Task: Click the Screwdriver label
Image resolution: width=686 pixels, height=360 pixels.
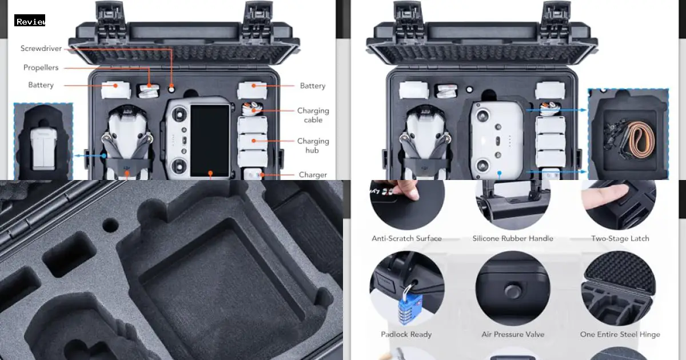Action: [41, 49]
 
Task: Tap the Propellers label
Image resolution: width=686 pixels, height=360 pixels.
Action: [41, 67]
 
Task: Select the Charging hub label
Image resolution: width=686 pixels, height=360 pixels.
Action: [313, 146]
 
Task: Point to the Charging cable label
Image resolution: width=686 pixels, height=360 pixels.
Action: [313, 115]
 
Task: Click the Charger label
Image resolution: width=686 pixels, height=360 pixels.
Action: [313, 175]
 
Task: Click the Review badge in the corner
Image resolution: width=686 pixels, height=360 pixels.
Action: [30, 21]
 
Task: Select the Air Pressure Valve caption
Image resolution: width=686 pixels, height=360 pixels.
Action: [513, 334]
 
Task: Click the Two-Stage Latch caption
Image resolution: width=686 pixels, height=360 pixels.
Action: [620, 238]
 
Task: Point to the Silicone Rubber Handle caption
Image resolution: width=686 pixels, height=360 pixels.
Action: [513, 238]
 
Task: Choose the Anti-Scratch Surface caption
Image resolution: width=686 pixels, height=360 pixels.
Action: [406, 238]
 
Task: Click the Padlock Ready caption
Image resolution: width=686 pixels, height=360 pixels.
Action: [406, 334]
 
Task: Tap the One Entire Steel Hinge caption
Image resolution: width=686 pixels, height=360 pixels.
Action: [620, 334]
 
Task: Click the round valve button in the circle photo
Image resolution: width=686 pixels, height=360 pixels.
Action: [512, 291]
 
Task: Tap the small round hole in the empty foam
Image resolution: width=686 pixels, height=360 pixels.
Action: [110, 225]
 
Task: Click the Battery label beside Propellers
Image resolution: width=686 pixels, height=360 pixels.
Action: [41, 85]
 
